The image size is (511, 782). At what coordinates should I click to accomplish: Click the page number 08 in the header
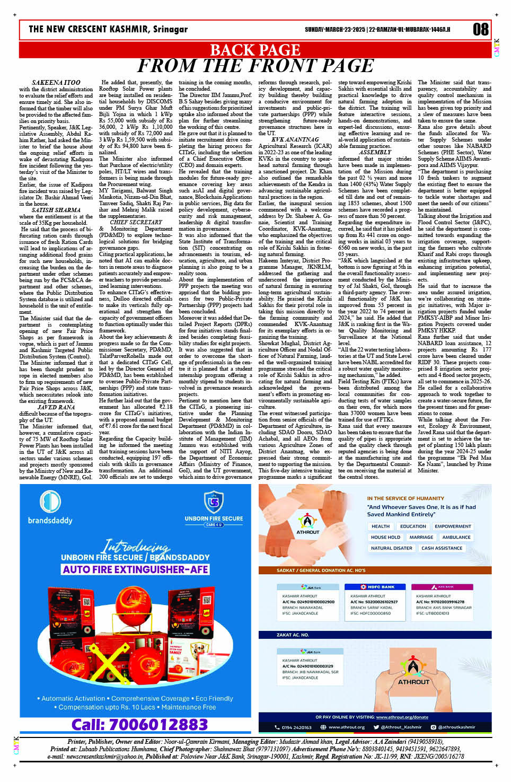(481, 29)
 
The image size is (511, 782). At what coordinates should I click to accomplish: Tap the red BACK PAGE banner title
(255, 50)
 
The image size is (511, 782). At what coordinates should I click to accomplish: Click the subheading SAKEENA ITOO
(56, 83)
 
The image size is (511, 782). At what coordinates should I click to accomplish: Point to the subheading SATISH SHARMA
(56, 210)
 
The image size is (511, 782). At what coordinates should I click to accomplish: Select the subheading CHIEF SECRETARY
(136, 223)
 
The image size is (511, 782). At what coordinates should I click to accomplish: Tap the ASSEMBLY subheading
(375, 152)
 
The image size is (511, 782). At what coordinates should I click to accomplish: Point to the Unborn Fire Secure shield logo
(214, 502)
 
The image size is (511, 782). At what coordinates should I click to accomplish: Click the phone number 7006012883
(140, 724)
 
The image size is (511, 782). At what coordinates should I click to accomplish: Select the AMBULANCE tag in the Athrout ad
(456, 537)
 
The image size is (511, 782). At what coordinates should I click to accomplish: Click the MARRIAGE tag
(421, 537)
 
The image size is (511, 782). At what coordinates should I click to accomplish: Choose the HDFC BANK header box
(377, 587)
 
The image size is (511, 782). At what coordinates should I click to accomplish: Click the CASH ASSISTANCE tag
(442, 548)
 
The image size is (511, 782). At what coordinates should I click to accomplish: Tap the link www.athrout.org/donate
(402, 717)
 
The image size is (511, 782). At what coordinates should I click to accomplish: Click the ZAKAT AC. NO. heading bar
(293, 635)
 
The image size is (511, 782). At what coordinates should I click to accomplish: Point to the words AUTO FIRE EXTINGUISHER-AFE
(135, 569)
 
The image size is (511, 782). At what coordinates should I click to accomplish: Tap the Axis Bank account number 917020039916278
(440, 602)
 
